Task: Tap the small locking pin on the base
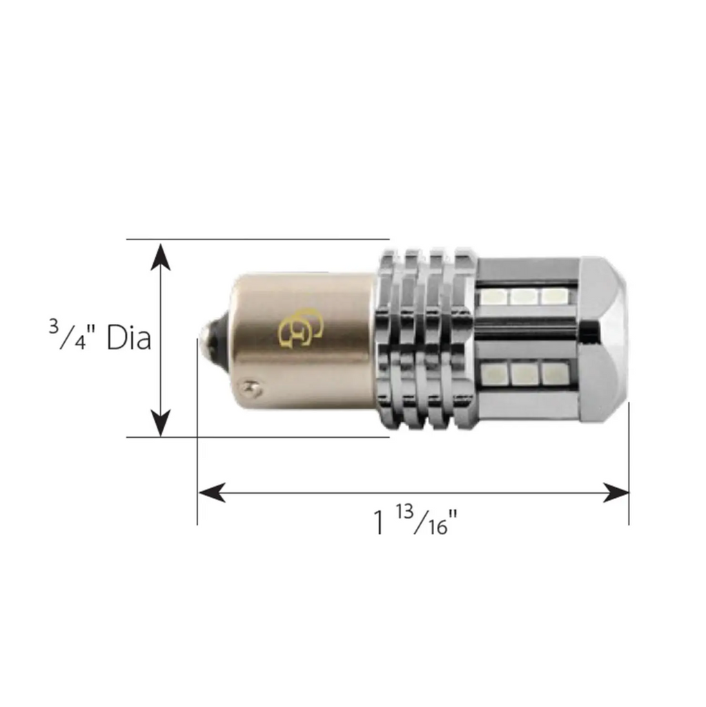tap(252, 387)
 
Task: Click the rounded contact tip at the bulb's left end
tap(213, 339)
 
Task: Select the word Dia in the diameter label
tap(129, 338)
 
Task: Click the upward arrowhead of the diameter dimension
tap(161, 257)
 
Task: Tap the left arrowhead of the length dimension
tap(213, 493)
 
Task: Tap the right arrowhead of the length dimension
tap(616, 493)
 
